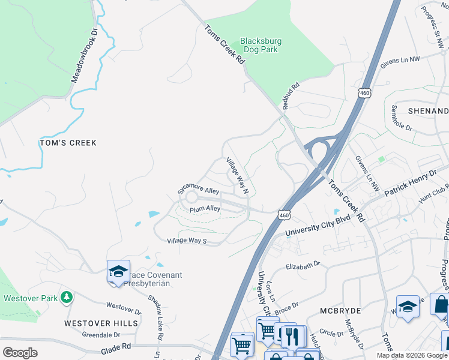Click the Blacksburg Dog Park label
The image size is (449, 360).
[261, 46]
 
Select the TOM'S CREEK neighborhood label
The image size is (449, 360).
[67, 143]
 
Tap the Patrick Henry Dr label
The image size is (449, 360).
[410, 183]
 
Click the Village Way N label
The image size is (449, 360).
[237, 176]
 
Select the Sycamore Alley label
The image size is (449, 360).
[197, 190]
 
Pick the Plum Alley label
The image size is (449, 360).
[205, 209]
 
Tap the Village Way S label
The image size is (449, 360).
[186, 241]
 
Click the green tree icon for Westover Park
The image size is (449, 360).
[67, 297]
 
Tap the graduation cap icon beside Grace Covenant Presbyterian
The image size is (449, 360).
[118, 271]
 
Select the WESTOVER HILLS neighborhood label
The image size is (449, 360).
[101, 323]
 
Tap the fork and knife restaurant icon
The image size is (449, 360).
[292, 336]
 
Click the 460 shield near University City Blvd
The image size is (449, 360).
[284, 214]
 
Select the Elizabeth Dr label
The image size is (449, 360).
[303, 266]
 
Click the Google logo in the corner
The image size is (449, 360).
[20, 353]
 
